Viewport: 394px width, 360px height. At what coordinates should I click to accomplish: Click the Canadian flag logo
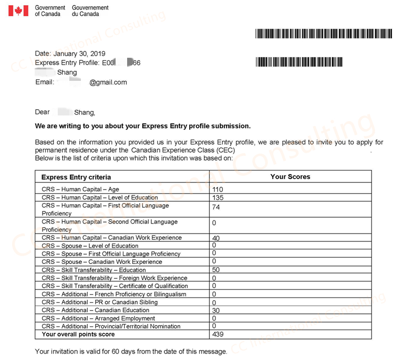(x=18, y=10)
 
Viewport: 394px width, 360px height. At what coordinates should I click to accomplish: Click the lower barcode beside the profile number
(x=299, y=62)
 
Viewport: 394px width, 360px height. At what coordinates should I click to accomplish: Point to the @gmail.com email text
(x=108, y=82)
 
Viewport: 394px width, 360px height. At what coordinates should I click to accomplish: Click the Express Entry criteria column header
(x=76, y=177)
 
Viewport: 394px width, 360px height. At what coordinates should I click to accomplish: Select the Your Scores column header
(x=290, y=177)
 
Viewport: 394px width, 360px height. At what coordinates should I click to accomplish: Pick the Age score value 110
(x=218, y=189)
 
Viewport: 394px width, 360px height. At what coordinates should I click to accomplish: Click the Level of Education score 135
(x=218, y=198)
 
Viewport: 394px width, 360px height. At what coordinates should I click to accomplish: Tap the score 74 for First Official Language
(x=216, y=207)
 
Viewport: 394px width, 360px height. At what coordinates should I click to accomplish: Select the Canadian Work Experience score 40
(x=216, y=238)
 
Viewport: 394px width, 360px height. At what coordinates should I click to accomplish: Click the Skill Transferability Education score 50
(x=216, y=270)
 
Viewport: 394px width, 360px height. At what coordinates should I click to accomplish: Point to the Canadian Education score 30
(x=216, y=311)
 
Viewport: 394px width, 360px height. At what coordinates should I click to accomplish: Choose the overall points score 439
(x=218, y=334)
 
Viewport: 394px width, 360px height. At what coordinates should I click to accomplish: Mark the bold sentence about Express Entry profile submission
(x=142, y=126)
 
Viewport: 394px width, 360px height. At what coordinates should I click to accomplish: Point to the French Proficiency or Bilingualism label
(x=114, y=294)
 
